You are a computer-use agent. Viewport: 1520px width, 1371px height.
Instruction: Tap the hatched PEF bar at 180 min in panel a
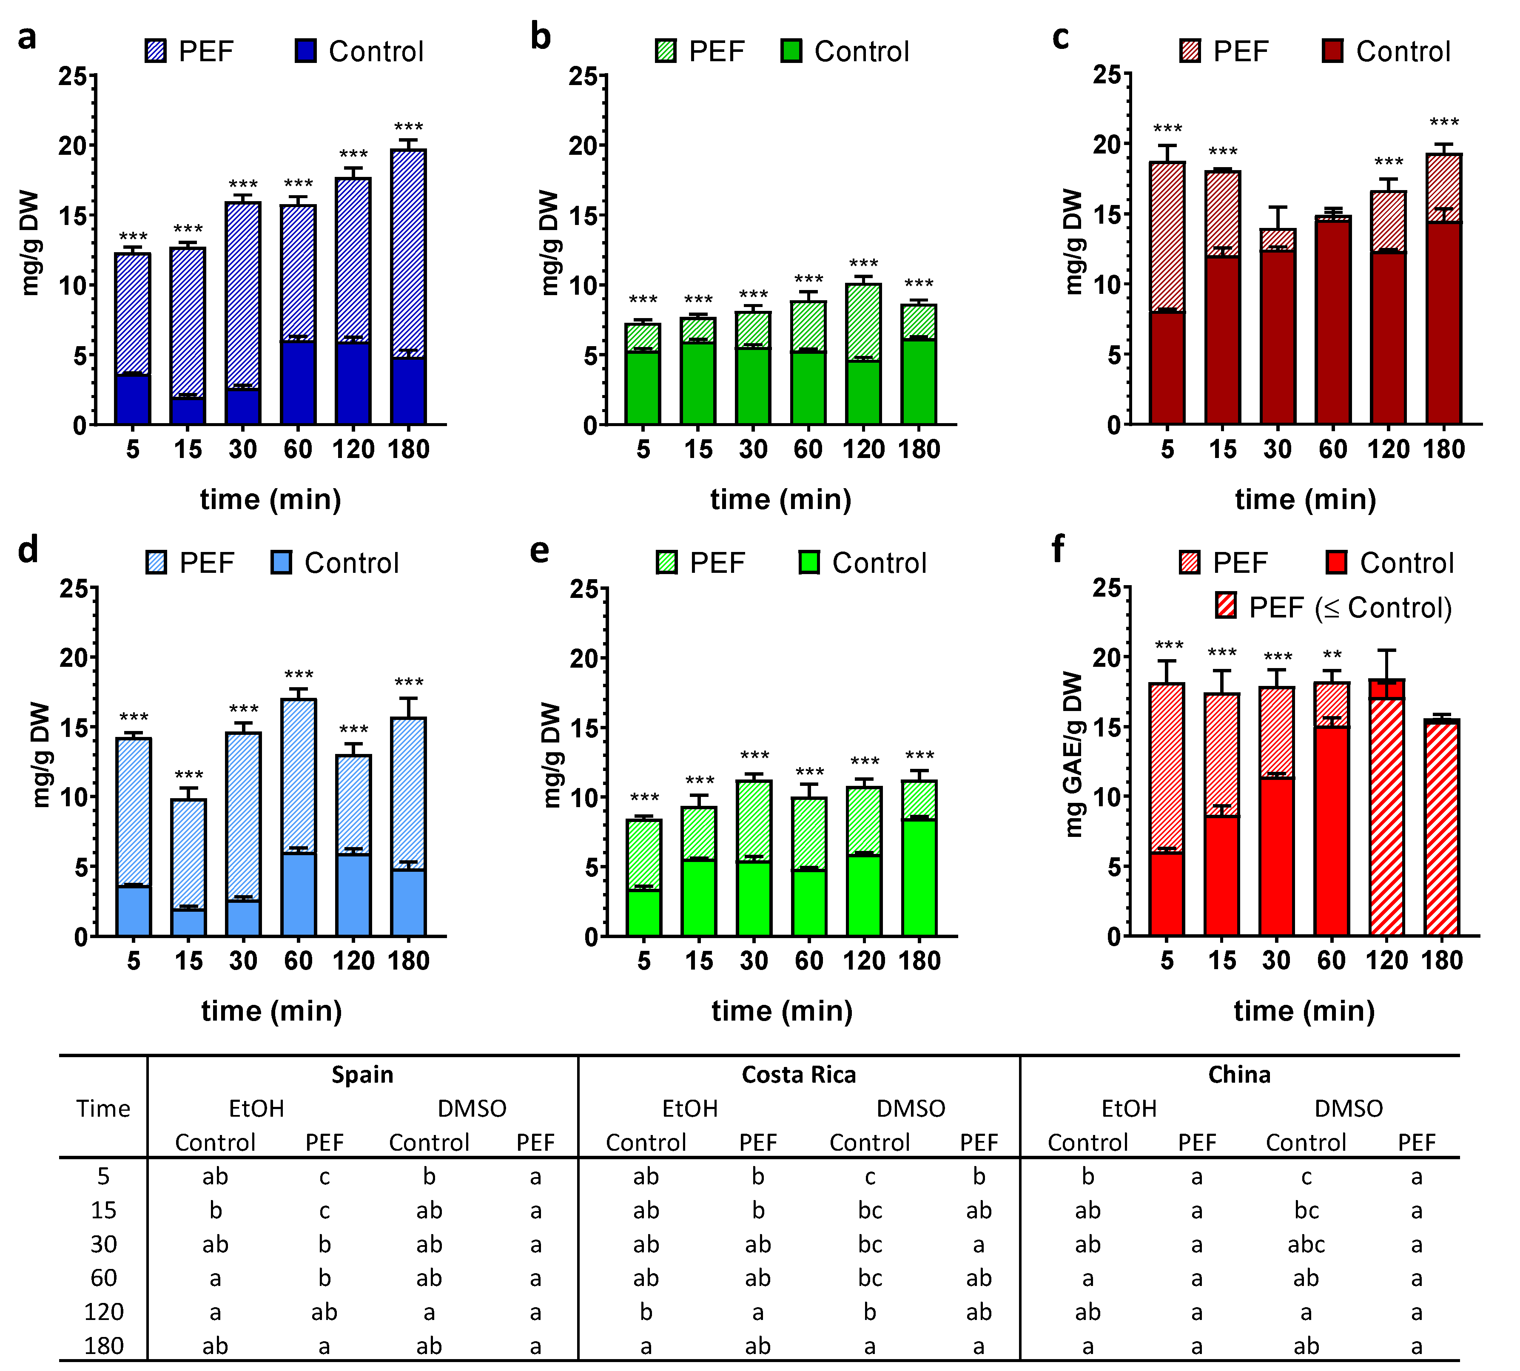click(x=408, y=252)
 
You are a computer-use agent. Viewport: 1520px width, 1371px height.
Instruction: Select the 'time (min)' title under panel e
click(x=782, y=1011)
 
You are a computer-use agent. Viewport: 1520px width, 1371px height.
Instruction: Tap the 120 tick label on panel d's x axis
click(x=353, y=961)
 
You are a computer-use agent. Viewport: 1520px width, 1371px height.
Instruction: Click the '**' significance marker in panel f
click(x=1332, y=654)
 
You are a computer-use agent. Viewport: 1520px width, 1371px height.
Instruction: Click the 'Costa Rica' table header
click(x=798, y=1074)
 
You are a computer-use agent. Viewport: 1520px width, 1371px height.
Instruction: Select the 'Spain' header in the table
click(x=362, y=1074)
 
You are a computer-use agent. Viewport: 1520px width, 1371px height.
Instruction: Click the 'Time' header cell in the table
click(x=103, y=1108)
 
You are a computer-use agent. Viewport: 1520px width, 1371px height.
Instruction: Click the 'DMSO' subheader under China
click(x=1348, y=1108)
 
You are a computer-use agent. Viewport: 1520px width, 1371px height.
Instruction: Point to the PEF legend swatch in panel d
click(x=156, y=563)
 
